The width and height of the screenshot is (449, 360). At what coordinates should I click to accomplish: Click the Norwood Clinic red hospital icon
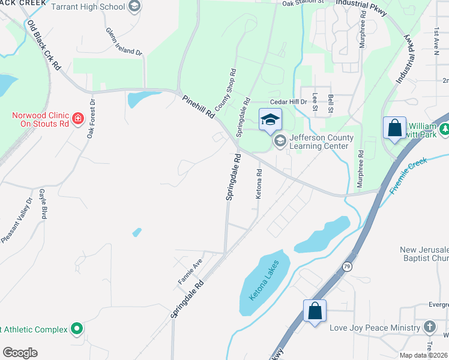[x=77, y=119]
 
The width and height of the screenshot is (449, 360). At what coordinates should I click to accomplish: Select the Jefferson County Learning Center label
[x=318, y=142]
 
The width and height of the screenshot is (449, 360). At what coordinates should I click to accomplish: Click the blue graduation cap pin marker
[x=270, y=119]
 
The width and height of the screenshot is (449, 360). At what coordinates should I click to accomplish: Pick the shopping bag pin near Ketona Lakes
[x=315, y=311]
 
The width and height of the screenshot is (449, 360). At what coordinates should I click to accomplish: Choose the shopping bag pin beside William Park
[x=394, y=128]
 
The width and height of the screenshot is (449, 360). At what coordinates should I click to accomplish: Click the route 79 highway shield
[x=347, y=266]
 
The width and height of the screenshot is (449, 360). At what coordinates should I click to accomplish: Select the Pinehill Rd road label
[x=199, y=106]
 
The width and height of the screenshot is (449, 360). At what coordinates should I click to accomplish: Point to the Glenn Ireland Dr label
[x=124, y=42]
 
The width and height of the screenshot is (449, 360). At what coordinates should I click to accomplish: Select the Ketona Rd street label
[x=259, y=184]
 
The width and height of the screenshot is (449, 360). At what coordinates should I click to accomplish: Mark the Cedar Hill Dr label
[x=289, y=101]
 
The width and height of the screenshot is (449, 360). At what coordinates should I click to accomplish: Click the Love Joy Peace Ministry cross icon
[x=429, y=327]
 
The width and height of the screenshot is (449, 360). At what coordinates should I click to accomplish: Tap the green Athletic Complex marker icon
[x=76, y=329]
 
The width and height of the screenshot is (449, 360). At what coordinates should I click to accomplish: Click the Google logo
[x=20, y=353]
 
